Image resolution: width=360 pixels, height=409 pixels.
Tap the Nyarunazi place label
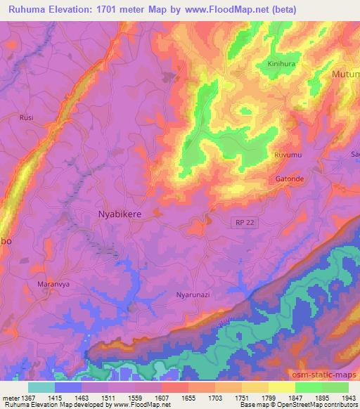coord(193,295)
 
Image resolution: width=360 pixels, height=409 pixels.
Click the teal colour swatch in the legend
coord(41,387)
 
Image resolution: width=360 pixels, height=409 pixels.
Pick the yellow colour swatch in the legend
coord(281,387)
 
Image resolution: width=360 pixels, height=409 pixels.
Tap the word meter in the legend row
coord(10,398)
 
